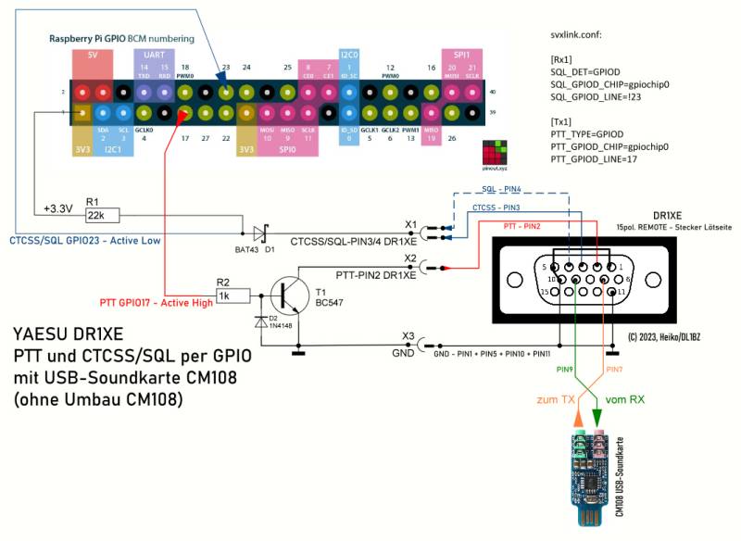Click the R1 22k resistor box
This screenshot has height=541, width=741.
[100, 215]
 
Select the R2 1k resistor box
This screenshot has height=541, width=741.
[232, 296]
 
